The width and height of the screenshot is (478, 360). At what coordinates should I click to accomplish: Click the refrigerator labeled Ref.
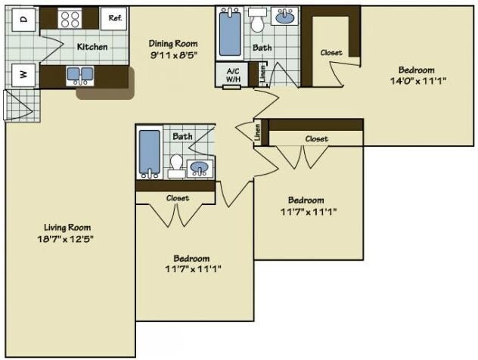(x=116, y=17)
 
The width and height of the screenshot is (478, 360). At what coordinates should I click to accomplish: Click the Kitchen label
(x=92, y=47)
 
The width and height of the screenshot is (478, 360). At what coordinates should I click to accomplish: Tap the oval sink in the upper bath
(x=285, y=17)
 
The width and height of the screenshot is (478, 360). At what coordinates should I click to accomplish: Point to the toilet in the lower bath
(x=176, y=163)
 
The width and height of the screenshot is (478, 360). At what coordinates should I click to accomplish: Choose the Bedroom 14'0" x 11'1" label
(x=416, y=75)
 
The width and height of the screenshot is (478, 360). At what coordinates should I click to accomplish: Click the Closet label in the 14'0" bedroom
(x=331, y=53)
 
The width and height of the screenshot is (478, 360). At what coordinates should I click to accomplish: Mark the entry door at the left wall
(x=17, y=105)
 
